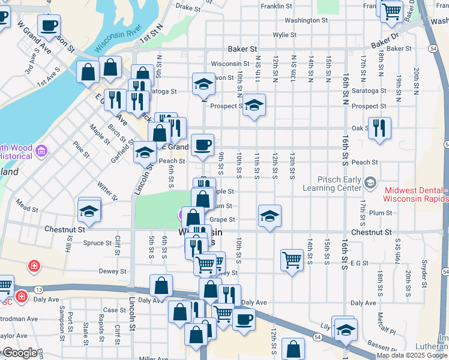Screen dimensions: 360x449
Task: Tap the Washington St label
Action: point(306,20)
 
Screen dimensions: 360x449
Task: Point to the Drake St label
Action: point(187,8)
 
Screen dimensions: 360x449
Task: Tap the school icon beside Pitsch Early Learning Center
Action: point(370,182)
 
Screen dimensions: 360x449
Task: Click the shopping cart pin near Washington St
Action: point(391,11)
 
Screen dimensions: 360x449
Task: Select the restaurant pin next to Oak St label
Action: point(379,128)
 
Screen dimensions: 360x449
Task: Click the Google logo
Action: point(19,353)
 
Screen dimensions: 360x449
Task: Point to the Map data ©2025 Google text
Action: point(412,355)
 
